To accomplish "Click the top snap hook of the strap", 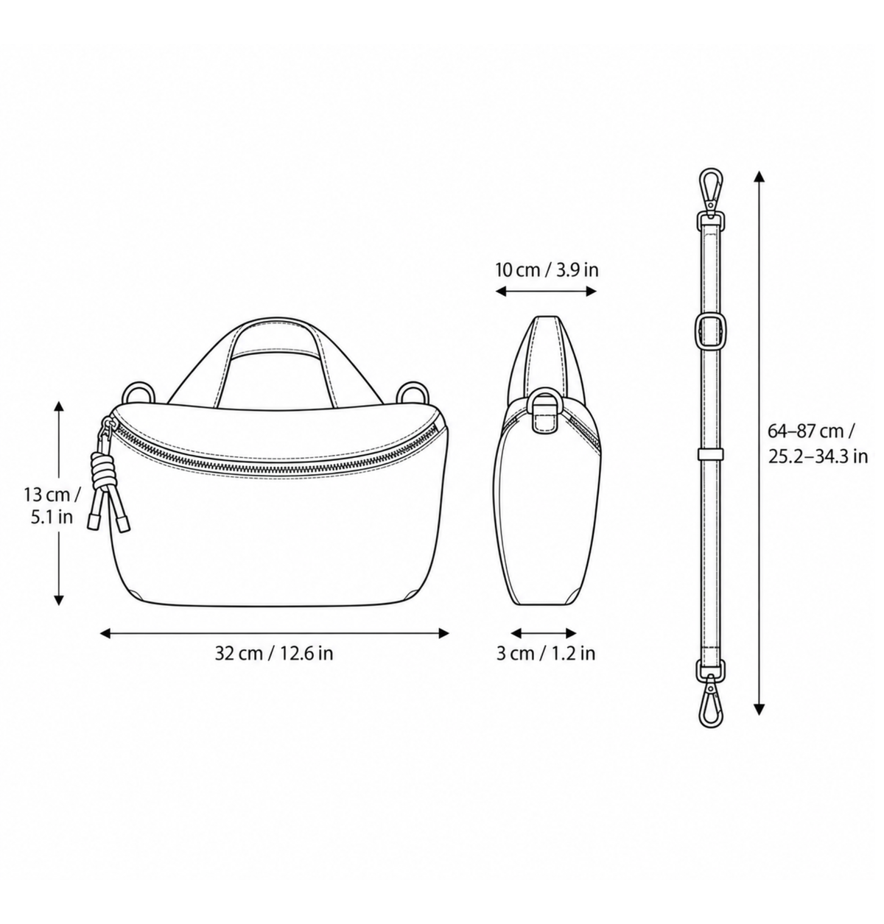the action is pos(709,191).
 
